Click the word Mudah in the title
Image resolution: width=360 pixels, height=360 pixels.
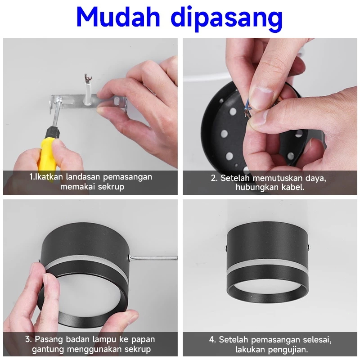(118, 17)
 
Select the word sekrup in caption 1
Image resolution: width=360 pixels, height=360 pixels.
(111, 187)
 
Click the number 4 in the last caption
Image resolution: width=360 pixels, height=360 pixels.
(212, 340)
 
